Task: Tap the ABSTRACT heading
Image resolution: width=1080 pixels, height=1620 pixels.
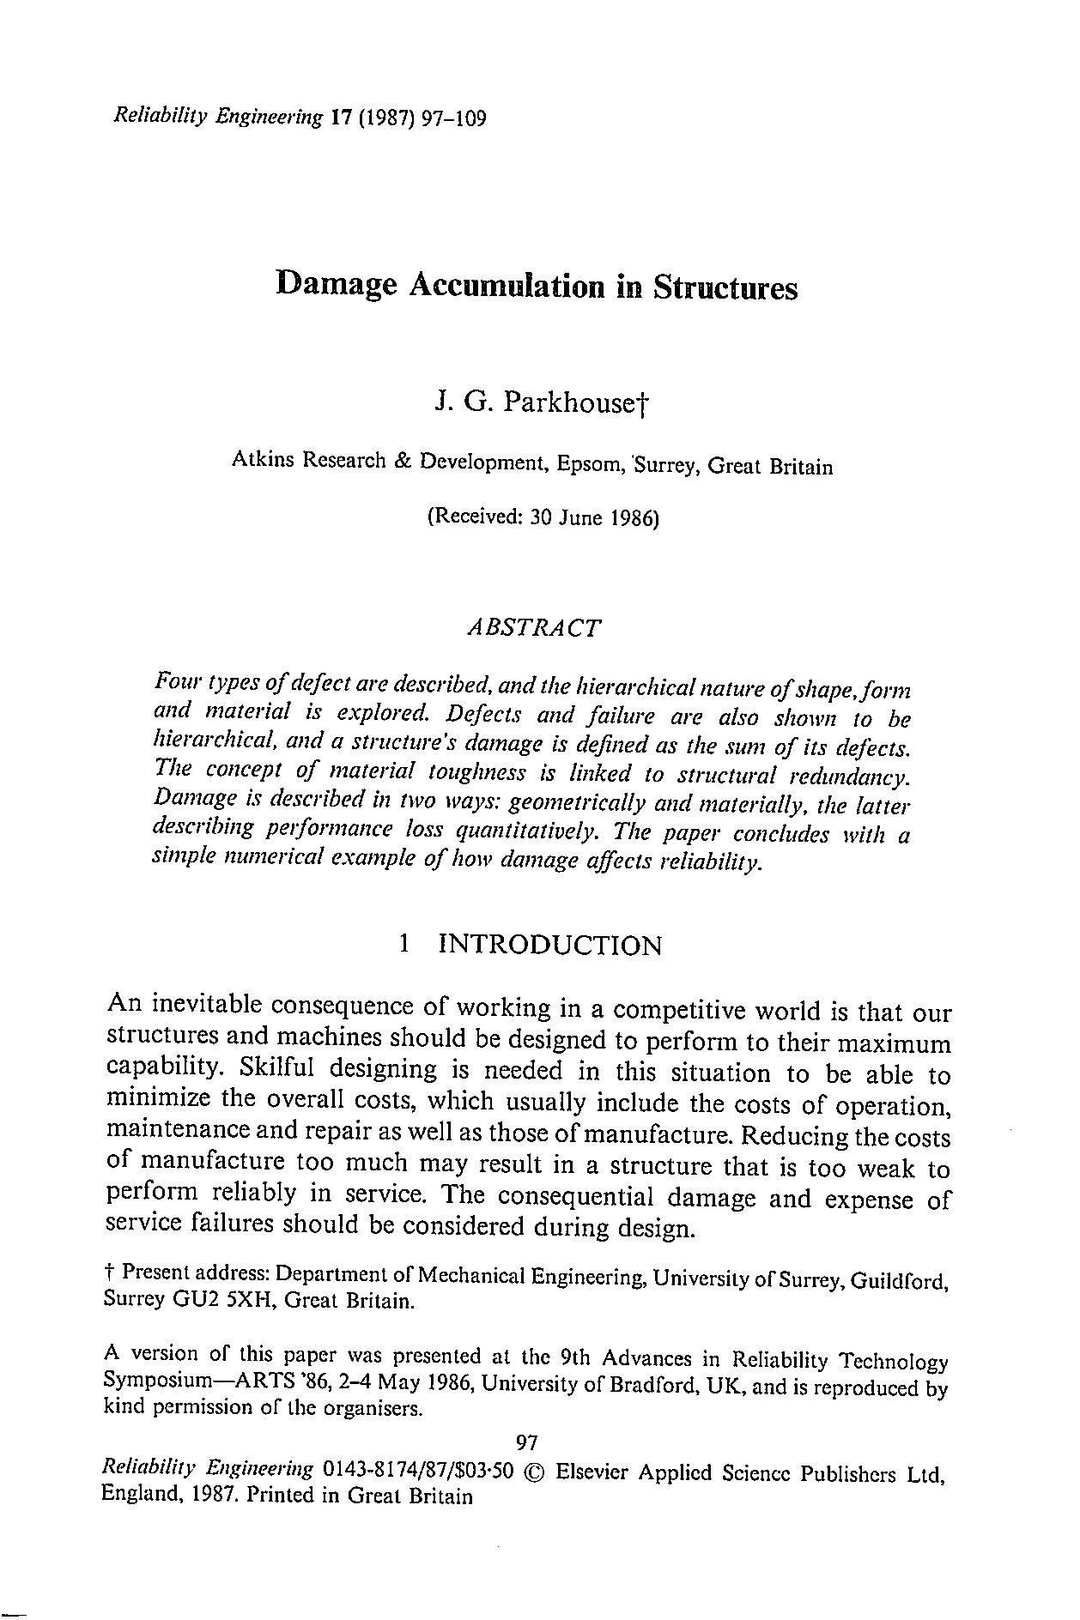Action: click(532, 627)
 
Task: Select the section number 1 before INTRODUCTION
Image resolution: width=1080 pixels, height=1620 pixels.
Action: click(403, 945)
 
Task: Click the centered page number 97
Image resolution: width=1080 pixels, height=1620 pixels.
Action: click(525, 1441)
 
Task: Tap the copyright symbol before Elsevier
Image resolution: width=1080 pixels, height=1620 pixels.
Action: click(534, 1473)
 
